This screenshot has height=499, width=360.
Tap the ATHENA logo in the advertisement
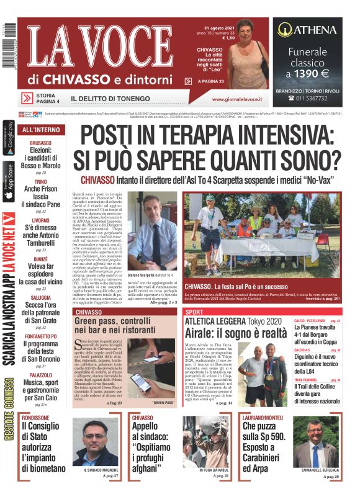[x=307, y=29]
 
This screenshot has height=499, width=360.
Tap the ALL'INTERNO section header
[x=40, y=130]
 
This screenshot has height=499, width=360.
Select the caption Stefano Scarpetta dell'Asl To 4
[x=150, y=274]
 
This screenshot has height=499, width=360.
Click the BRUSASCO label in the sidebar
[x=40, y=143]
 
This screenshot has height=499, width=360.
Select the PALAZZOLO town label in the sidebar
[x=40, y=375]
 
